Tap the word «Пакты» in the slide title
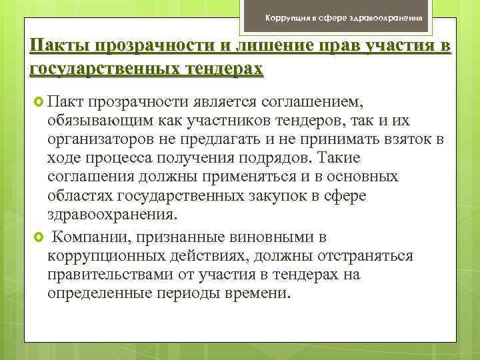tap(59, 48)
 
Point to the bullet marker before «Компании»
tap(39, 238)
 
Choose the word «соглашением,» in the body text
tap(319, 100)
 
